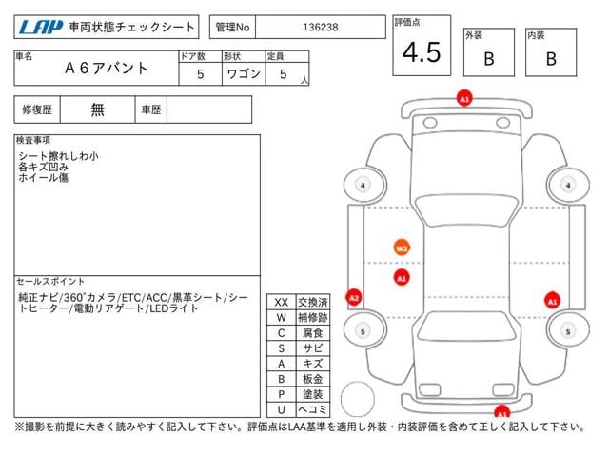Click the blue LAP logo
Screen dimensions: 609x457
coord(41,28)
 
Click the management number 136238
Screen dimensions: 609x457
coord(321,28)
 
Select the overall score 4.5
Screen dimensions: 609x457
coord(422,52)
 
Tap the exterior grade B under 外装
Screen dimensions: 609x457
coord(489,59)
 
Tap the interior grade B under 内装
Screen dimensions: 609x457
coord(551,59)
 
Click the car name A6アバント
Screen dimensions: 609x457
coord(106,68)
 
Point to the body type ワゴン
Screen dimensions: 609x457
coord(244,74)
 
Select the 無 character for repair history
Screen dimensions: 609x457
coord(97,109)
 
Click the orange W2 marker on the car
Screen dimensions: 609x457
coord(402,248)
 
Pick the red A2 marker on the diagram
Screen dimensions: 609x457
coord(353,298)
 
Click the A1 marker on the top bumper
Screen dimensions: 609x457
coord(464,98)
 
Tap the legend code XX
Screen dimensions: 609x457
coord(282,303)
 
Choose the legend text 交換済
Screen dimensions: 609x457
coord(313,303)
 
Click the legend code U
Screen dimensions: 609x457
coord(282,409)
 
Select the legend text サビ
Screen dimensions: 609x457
coord(313,348)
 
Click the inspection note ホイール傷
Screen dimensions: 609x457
coord(43,178)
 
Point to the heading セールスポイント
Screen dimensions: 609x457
coord(50,282)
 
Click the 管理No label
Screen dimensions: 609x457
coord(232,28)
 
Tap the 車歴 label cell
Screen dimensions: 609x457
coord(151,110)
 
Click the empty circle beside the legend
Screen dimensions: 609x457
coord(358,399)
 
